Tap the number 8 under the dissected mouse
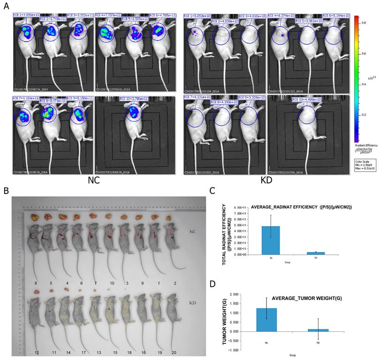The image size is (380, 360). pyautogui.click(x=35, y=283)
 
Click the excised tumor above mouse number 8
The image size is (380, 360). pyautogui.click(x=35, y=217)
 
